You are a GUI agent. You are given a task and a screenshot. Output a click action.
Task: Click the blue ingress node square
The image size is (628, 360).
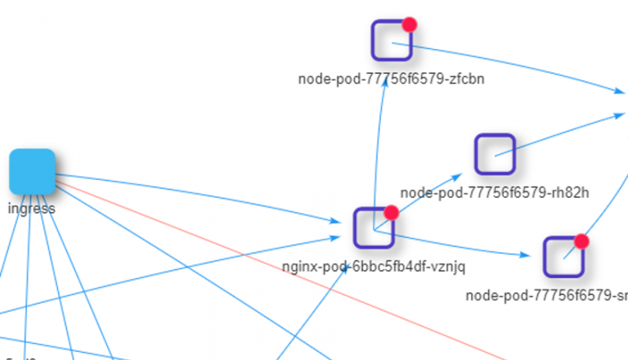click(32, 172)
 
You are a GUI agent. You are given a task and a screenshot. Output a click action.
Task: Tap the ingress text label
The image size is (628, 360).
click(31, 208)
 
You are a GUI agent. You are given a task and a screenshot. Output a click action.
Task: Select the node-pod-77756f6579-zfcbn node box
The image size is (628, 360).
click(392, 40)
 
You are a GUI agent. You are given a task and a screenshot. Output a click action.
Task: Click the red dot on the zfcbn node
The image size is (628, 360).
click(410, 25)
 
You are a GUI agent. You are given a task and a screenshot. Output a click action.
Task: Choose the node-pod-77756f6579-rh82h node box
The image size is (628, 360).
click(495, 154)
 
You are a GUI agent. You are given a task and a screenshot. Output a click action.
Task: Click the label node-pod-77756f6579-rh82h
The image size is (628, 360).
click(495, 193)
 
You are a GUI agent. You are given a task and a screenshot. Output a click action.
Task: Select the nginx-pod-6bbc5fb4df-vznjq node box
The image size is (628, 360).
click(374, 228)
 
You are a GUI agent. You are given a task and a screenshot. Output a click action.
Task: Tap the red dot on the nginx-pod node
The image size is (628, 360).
click(391, 213)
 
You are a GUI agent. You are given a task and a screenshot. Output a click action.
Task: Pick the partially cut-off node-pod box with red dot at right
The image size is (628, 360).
click(564, 257)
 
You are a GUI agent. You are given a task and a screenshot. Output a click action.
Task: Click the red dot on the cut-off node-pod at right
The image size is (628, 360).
click(581, 241)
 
